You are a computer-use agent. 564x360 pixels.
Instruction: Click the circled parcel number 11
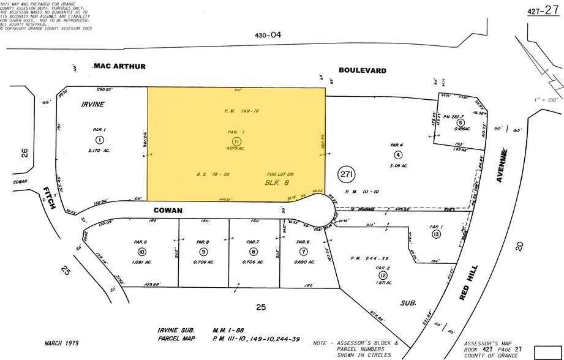pyautogui.click(x=236, y=141)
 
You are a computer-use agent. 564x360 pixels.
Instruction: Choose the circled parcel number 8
pyautogui.click(x=254, y=252)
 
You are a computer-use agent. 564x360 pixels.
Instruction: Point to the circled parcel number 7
pyautogui.click(x=303, y=252)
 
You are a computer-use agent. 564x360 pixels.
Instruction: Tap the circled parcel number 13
pyautogui.click(x=436, y=234)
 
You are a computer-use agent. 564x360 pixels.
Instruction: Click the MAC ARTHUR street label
pyautogui.click(x=120, y=66)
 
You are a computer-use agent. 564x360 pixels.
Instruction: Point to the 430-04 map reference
pyautogui.click(x=268, y=36)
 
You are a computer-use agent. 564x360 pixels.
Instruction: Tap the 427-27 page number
pyautogui.click(x=542, y=10)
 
